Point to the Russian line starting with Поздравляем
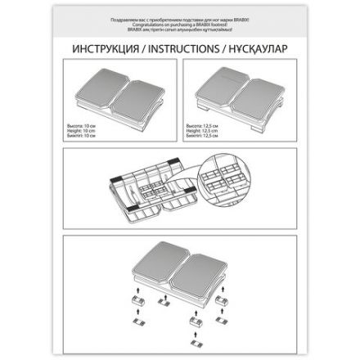pyautogui.click(x=179, y=16)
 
